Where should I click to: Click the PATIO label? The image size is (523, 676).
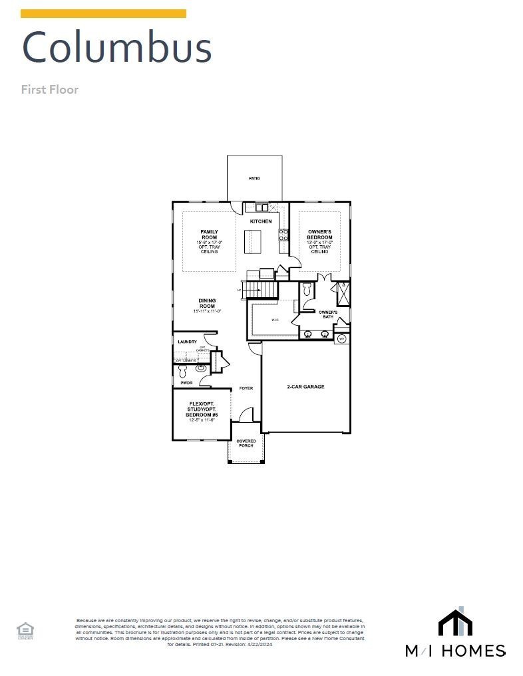(x=254, y=179)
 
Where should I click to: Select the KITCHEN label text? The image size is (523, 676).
(x=260, y=221)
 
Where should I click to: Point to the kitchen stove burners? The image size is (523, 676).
(x=283, y=234)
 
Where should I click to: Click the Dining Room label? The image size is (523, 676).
(x=207, y=303)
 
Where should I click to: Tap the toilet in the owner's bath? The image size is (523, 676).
(x=307, y=290)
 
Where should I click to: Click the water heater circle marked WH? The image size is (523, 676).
(x=342, y=339)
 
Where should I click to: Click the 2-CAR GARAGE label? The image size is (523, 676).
(x=305, y=386)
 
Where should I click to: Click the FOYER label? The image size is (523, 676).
(x=246, y=388)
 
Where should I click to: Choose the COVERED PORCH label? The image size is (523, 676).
(x=246, y=443)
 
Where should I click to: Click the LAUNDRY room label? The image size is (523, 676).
(x=187, y=342)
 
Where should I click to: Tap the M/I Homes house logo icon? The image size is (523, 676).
(x=455, y=622)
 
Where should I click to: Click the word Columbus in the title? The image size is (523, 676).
(x=117, y=48)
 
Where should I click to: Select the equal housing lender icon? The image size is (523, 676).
(x=25, y=629)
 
